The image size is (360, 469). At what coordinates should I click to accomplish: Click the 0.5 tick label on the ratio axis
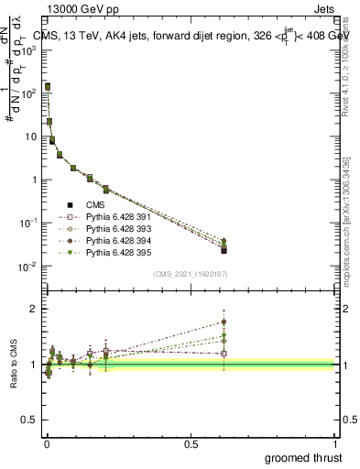click(x=29, y=420)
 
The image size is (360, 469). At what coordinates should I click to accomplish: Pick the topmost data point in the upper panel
click(x=48, y=86)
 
